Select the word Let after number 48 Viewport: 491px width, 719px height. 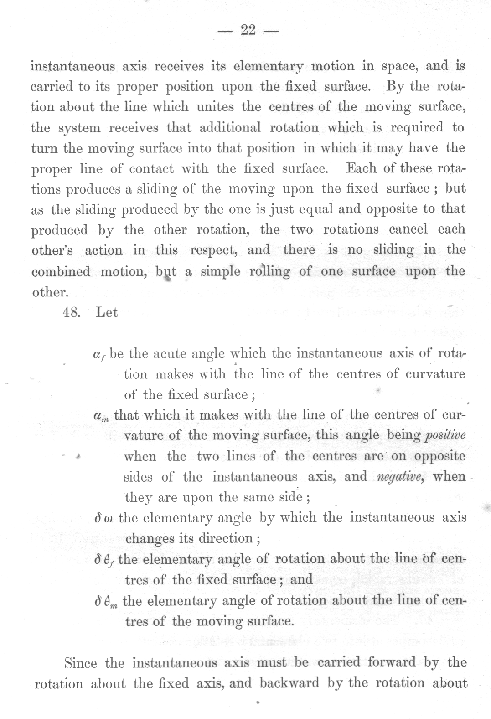(x=107, y=313)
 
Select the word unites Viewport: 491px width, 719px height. (x=216, y=107)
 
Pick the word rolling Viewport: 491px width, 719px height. (x=269, y=272)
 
